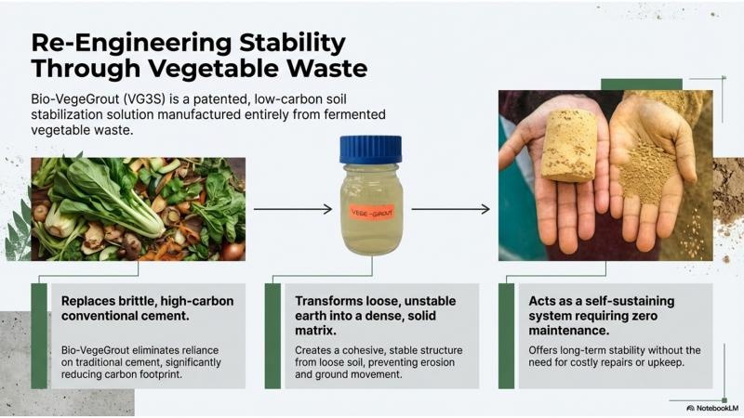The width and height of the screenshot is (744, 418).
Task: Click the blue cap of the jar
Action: point(370,150)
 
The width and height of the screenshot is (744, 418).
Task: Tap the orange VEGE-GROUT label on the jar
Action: point(372,213)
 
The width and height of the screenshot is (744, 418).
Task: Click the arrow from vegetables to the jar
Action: point(293,209)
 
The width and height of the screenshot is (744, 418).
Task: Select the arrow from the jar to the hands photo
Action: point(450,209)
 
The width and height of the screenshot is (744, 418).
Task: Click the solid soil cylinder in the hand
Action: point(569,146)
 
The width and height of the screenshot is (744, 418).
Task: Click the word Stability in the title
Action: point(292,43)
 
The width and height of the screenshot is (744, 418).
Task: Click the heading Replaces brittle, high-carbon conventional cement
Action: point(147,308)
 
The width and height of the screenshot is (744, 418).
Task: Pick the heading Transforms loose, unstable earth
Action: point(376,316)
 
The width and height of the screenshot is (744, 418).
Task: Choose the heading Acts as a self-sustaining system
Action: point(601,316)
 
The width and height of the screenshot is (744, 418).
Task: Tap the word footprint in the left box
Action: point(157,374)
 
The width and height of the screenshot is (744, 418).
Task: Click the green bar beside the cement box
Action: point(39,336)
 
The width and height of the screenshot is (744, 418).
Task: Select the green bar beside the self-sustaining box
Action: point(506,336)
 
